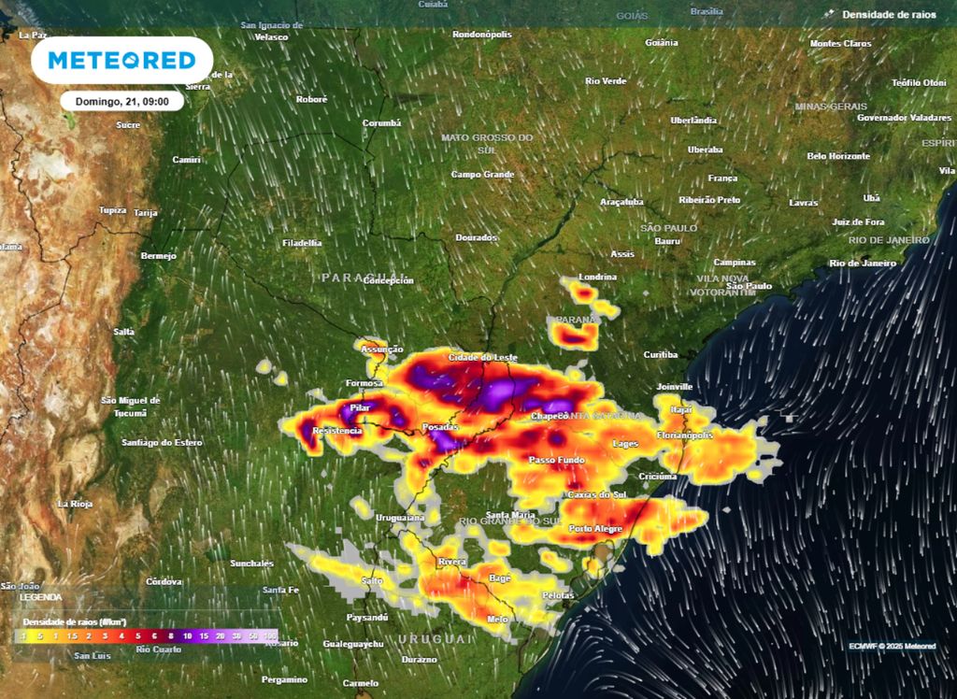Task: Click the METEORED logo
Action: pos(121,61)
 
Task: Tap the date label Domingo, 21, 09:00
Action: pos(121,101)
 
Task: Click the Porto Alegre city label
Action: pos(595,529)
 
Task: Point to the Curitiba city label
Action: pos(660,355)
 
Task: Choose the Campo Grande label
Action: pos(482,175)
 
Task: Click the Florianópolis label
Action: pos(685,435)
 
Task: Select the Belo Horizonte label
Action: pos(838,156)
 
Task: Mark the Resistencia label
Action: pos(336,431)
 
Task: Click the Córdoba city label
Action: pos(164,581)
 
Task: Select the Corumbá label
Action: pos(381,123)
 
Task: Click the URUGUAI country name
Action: pos(436,638)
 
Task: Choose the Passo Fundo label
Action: pos(556,461)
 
